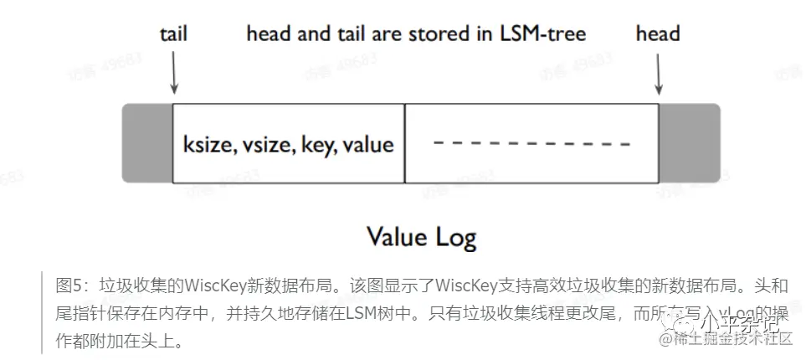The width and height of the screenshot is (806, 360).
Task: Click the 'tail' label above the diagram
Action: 173,34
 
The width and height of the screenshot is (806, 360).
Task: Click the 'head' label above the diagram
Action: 658,34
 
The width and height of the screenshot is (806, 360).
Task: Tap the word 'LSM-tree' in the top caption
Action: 542,34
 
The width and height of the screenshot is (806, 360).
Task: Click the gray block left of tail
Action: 147,143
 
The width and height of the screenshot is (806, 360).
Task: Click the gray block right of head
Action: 689,143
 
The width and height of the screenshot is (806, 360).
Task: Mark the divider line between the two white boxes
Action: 405,143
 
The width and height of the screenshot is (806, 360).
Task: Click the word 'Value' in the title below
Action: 398,236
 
